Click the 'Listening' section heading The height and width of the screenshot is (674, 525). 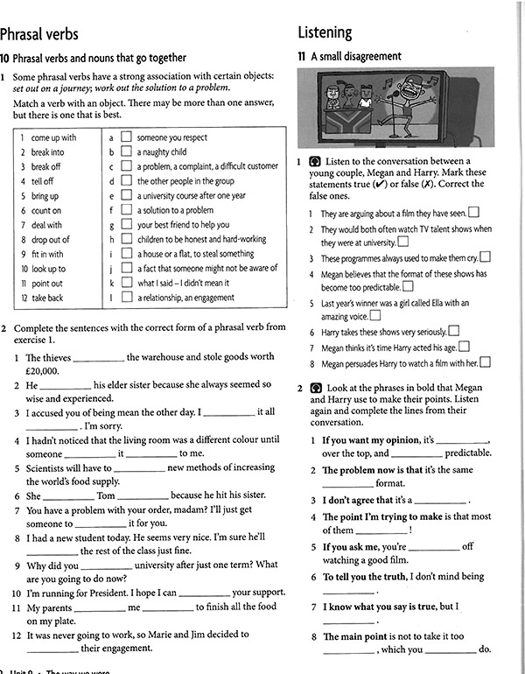[x=325, y=32]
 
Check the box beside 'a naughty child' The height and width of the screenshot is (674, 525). [x=126, y=151]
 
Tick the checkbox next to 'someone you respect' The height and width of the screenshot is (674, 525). [x=126, y=137]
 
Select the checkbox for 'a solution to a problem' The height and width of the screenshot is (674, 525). [x=126, y=210]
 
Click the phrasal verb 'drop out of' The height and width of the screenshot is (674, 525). [x=50, y=239]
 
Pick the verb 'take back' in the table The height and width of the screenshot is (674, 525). [x=47, y=298]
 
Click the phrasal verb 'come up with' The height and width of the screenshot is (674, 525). [x=53, y=137]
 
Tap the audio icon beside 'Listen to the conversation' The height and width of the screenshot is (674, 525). [x=316, y=161]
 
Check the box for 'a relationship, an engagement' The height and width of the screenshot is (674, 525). [x=126, y=298]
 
